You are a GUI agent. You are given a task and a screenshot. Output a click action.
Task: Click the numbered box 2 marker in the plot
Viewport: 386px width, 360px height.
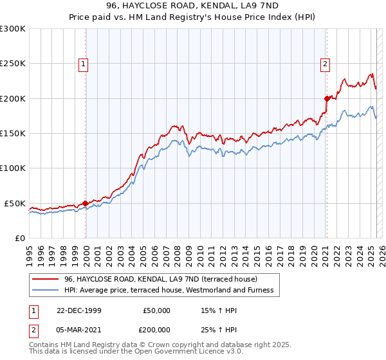click(326, 64)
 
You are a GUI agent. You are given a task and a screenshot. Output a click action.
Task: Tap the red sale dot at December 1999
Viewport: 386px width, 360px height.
click(86, 203)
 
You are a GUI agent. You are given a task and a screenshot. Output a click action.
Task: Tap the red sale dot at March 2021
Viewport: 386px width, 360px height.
click(327, 98)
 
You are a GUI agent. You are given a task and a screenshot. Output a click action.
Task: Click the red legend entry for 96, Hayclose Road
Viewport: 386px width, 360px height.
click(160, 279)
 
